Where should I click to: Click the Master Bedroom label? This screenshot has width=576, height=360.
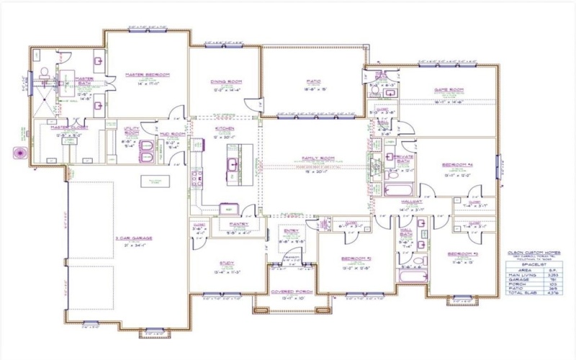147,74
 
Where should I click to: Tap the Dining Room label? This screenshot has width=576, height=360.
225,81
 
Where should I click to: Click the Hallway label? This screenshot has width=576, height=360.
410,202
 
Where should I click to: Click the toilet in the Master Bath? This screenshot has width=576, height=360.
45,72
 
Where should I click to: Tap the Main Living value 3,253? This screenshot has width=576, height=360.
552,274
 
